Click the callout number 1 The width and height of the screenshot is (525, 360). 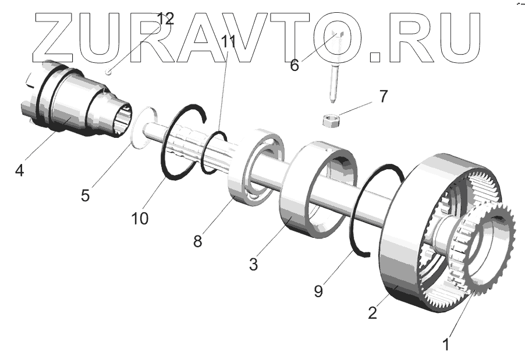point(446,344)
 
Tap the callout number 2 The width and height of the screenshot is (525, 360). point(373,312)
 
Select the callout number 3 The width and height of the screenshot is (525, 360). point(253,264)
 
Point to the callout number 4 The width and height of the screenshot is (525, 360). point(20,172)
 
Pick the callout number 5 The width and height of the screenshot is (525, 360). point(86,194)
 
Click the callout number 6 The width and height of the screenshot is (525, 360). point(295,65)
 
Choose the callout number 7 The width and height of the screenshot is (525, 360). point(382,97)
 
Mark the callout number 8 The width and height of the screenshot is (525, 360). point(198,240)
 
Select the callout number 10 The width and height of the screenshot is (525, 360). point(140,218)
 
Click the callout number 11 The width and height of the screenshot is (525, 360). point(228,42)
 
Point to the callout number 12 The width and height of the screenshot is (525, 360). point(165,18)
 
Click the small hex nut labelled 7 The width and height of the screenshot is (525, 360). point(329,121)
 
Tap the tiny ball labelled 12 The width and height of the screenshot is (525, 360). point(109,72)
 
